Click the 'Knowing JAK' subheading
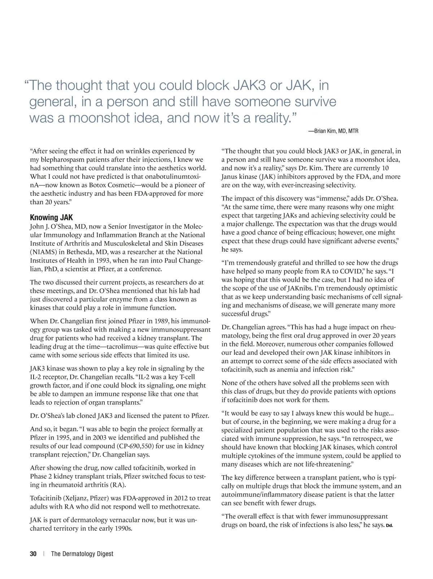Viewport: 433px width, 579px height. [x=51, y=217]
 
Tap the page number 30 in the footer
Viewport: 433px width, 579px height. [x=33, y=554]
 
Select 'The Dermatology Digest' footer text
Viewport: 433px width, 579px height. [x=82, y=554]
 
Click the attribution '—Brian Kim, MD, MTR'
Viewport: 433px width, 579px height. [x=333, y=131]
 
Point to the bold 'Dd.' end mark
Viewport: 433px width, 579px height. [x=389, y=525]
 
